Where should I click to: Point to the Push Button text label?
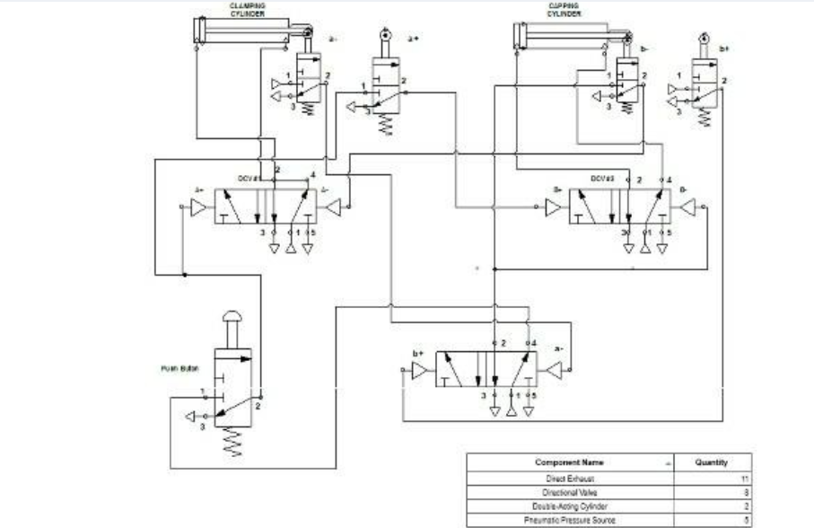pyautogui.click(x=177, y=368)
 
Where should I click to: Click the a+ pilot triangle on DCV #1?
pyautogui.click(x=198, y=207)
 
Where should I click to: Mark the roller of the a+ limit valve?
pyautogui.click(x=387, y=38)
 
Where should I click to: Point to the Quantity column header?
pyautogui.click(x=710, y=463)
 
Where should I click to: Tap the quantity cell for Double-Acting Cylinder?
pyautogui.click(x=744, y=506)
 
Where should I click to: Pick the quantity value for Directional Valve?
pyautogui.click(x=744, y=493)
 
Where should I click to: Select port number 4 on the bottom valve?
pyautogui.click(x=534, y=343)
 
